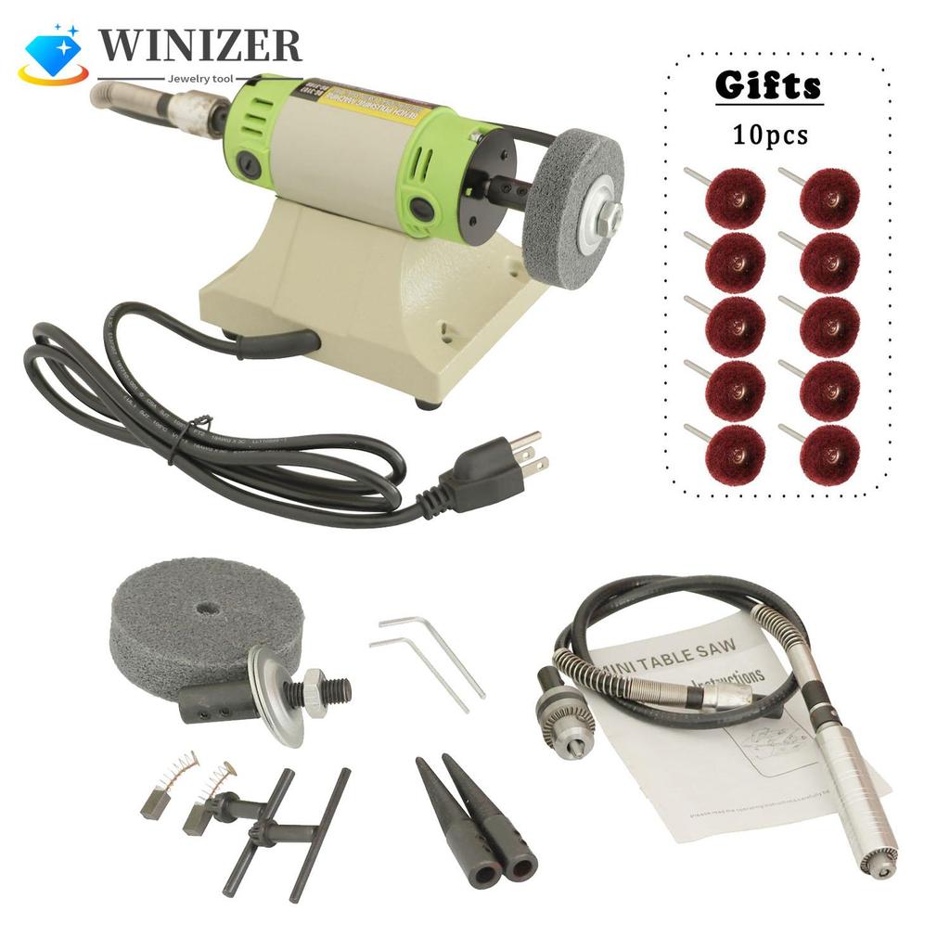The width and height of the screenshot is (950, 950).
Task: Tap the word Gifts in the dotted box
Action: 768,86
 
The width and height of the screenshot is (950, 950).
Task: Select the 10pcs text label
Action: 769,135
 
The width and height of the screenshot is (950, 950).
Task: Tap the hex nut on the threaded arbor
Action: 316,692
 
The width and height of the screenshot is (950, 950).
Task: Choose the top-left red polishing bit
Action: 734,198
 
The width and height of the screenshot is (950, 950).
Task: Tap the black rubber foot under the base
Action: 426,404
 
